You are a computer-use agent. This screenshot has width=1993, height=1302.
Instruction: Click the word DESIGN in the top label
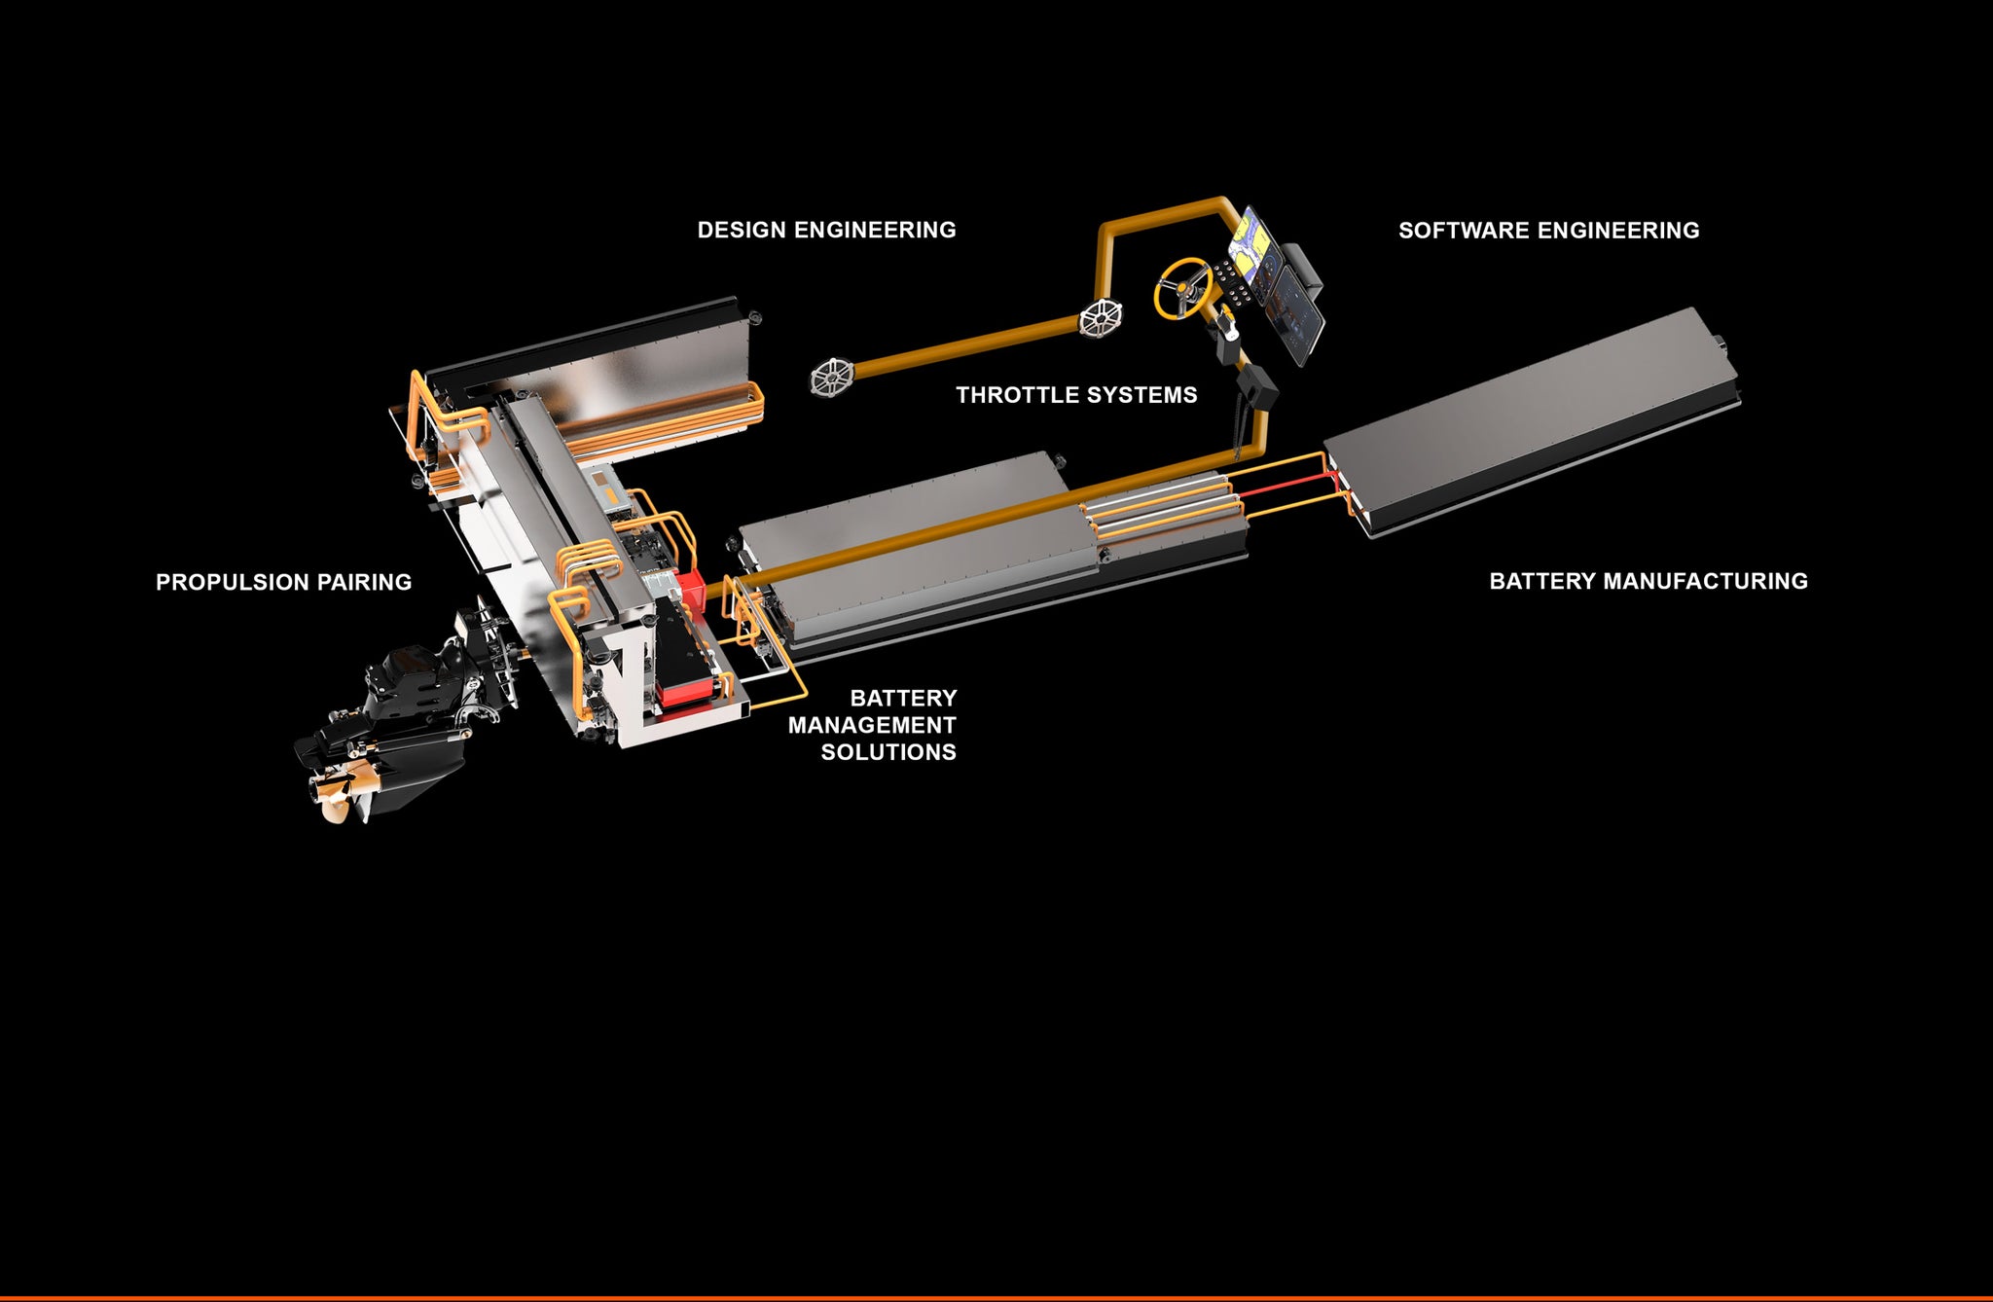tap(742, 231)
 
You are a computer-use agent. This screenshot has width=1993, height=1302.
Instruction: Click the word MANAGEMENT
tap(872, 725)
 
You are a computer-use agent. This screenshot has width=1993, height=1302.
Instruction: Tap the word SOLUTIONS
tap(888, 752)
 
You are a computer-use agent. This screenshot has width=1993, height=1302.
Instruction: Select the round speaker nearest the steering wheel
tap(1101, 317)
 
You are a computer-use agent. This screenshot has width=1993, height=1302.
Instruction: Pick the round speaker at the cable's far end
tap(832, 378)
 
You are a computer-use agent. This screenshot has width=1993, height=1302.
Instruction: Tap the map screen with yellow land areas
tap(1252, 243)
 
